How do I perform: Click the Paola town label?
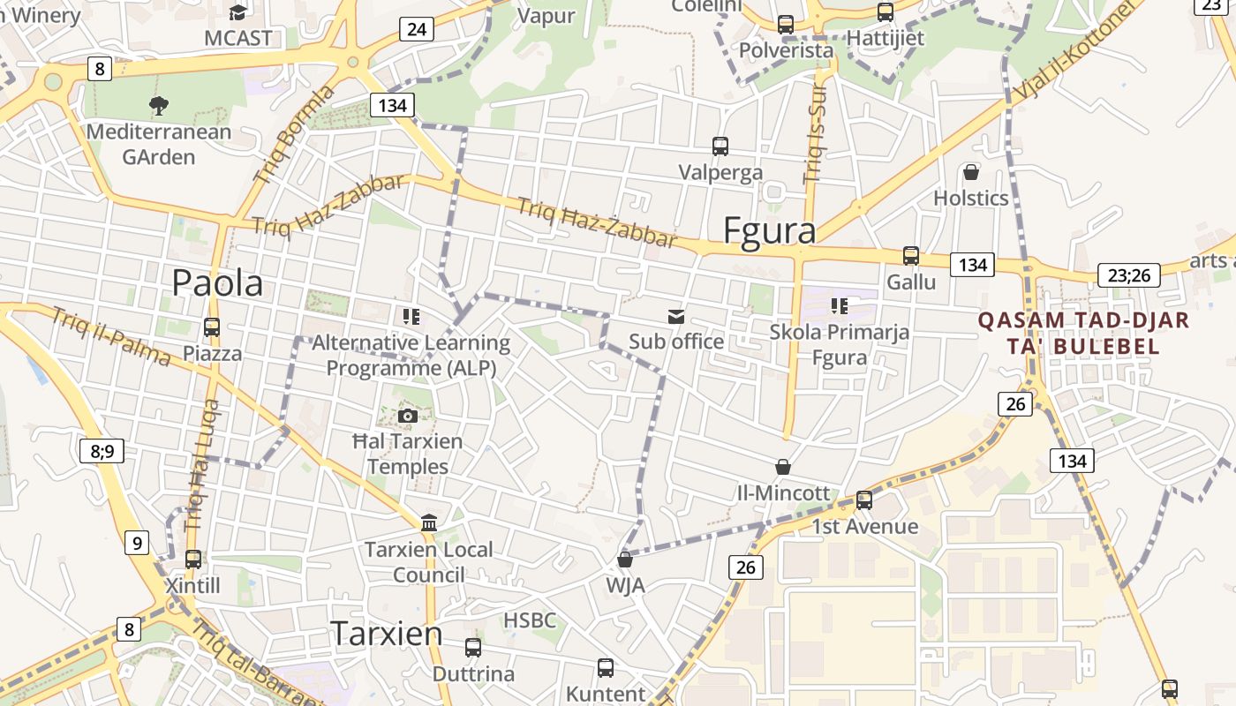[217, 283]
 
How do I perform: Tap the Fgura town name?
[769, 229]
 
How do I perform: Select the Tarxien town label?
[386, 633]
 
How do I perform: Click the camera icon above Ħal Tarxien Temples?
[407, 415]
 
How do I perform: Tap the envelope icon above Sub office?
[676, 316]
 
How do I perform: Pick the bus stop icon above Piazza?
[211, 327]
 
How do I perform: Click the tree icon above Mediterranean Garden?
[159, 106]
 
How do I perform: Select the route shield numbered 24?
[416, 29]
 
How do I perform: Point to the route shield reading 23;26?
[1129, 275]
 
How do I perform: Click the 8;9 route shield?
[102, 451]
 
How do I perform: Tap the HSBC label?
[530, 620]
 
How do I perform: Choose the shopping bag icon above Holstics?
[971, 171]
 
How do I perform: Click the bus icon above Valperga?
[720, 146]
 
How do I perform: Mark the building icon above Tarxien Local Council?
[429, 522]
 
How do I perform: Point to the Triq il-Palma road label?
[110, 336]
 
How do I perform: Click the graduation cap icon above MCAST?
[238, 12]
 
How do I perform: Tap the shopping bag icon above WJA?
[625, 559]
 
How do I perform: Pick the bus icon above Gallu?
[910, 256]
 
